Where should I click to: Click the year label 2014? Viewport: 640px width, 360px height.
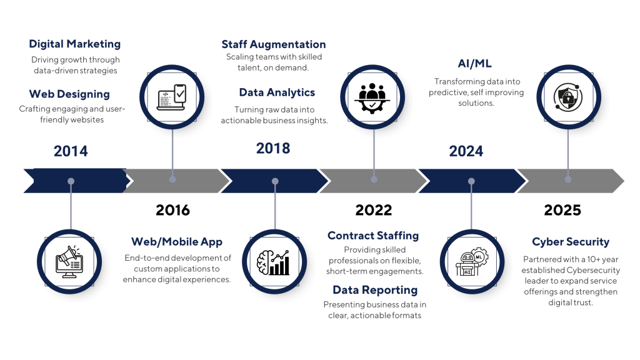tap(71, 151)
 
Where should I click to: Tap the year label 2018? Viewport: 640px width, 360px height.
tap(273, 148)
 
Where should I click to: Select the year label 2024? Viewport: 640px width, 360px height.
tap(466, 151)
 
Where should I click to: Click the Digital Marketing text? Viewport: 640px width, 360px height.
tap(75, 44)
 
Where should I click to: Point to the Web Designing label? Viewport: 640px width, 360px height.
tap(69, 94)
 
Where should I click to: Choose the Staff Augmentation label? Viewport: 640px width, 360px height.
tap(274, 45)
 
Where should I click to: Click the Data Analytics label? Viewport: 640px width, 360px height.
tap(277, 92)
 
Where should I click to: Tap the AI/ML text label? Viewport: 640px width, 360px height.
tap(475, 63)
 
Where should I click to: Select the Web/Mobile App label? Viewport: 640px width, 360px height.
tap(177, 242)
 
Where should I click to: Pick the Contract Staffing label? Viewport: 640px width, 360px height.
tap(373, 236)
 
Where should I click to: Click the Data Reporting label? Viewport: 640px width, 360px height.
tap(375, 290)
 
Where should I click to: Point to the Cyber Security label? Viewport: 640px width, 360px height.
tap(571, 242)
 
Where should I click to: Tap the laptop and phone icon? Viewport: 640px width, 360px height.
tap(172, 96)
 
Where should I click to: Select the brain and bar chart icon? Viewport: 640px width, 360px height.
tap(274, 261)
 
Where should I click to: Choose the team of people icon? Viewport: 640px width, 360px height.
tap(372, 97)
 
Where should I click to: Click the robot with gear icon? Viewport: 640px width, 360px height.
tap(472, 261)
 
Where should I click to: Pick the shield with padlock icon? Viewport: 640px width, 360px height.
tap(568, 97)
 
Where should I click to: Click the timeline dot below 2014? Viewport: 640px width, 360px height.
tap(71, 181)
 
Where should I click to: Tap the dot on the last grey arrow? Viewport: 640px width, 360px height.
tap(568, 179)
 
